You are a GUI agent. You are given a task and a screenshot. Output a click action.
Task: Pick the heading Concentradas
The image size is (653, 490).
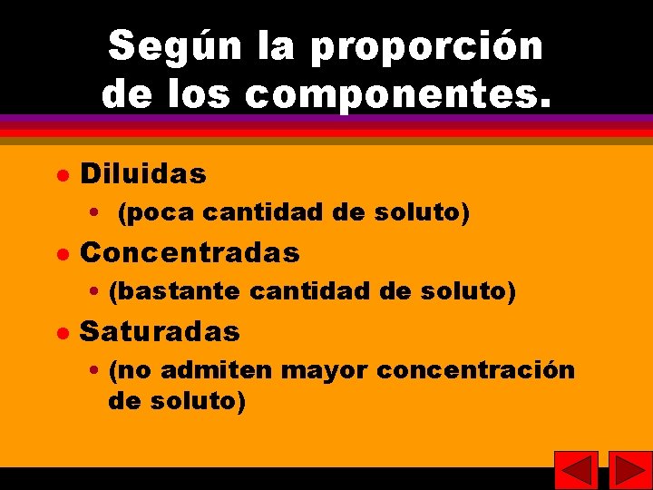coord(190,252)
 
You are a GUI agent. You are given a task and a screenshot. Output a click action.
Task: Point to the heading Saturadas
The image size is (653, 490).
coord(160,331)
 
